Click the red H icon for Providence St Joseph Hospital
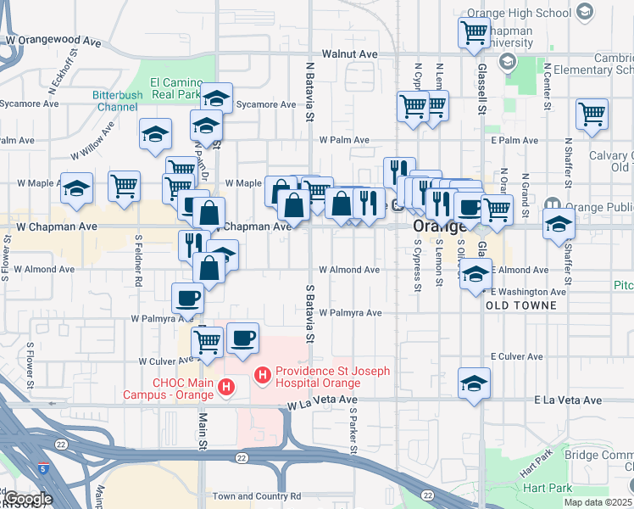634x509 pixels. pyautogui.click(x=263, y=373)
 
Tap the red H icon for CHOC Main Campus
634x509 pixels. pyautogui.click(x=226, y=389)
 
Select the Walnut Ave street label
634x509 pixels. pyautogui.click(x=348, y=54)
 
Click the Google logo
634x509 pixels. pyautogui.click(x=28, y=498)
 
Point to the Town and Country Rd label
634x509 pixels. pyautogui.click(x=256, y=496)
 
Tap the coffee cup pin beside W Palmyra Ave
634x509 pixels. pyautogui.click(x=187, y=298)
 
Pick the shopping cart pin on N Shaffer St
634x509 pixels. pyautogui.click(x=591, y=113)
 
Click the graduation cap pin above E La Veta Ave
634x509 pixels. pyautogui.click(x=474, y=383)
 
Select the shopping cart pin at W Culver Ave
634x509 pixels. pyautogui.click(x=207, y=341)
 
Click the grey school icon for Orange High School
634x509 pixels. pyautogui.click(x=585, y=11)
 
